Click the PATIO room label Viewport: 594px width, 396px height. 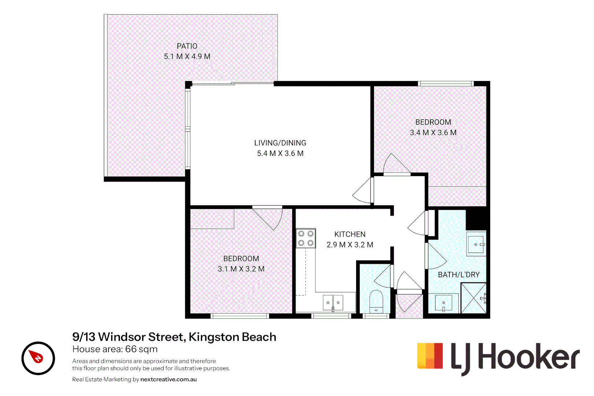click(187, 46)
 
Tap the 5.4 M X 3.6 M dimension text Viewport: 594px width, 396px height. click(280, 153)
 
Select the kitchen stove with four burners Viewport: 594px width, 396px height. click(306, 238)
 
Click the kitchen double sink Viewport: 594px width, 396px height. click(333, 303)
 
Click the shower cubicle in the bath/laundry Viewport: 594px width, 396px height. click(473, 298)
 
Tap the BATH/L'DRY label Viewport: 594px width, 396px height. click(459, 275)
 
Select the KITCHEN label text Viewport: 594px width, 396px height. click(350, 234)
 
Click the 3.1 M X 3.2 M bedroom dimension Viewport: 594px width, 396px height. click(241, 269)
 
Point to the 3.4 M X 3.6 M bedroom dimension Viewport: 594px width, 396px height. click(433, 133)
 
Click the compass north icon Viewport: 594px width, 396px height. click(38, 358)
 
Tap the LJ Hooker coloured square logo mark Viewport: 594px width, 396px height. click(430, 356)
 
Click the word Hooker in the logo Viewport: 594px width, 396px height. click(529, 356)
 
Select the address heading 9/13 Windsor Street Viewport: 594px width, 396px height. click(174, 337)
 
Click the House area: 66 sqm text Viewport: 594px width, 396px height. click(115, 349)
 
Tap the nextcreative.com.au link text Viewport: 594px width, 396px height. click(168, 379)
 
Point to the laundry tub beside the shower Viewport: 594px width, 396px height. click(444, 303)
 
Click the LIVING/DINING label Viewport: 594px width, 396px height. click(280, 143)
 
